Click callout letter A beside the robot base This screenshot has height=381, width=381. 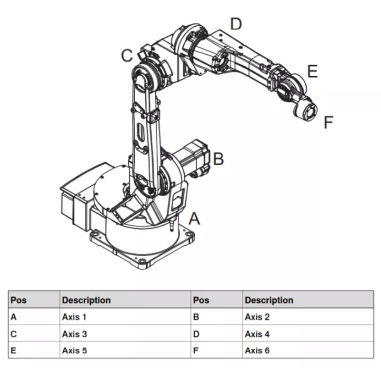pyautogui.click(x=194, y=219)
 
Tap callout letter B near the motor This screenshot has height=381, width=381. pyautogui.click(x=218, y=159)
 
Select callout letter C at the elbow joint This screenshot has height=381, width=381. pyautogui.click(x=127, y=55)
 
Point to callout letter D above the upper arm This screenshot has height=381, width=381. pyautogui.click(x=236, y=24)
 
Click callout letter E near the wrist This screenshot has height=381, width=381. pyautogui.click(x=313, y=71)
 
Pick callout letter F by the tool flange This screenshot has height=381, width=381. pyautogui.click(x=329, y=122)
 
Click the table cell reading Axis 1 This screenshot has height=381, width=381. pyautogui.click(x=74, y=317)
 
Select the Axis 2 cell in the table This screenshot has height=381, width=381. pyautogui.click(x=257, y=317)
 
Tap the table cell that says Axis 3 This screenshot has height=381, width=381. pyautogui.click(x=74, y=334)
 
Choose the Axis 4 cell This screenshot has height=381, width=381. pyautogui.click(x=257, y=334)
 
